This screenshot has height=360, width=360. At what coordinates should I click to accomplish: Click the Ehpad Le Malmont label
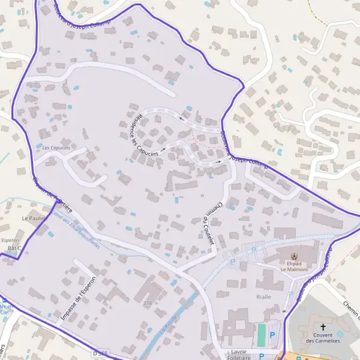pyautogui.click(x=293, y=266)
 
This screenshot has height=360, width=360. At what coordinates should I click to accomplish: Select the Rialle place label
pyautogui.click(x=263, y=296)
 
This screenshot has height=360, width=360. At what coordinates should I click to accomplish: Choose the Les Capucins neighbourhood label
pyautogui.click(x=56, y=148)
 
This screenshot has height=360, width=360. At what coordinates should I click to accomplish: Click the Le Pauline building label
pyautogui.click(x=34, y=218)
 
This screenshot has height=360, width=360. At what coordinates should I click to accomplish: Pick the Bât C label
pyautogui.click(x=14, y=248)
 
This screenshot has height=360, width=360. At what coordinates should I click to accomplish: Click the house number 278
pyautogui.click(x=147, y=304)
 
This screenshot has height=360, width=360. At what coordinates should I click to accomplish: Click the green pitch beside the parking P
pyautogui.click(x=261, y=335)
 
